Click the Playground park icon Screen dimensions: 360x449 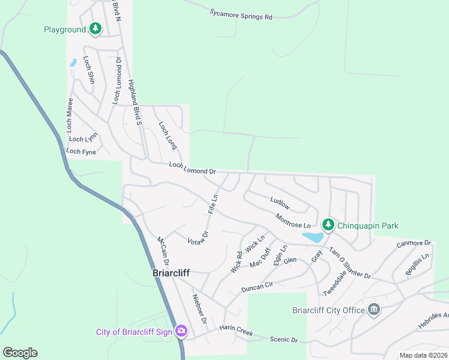click(x=95, y=28)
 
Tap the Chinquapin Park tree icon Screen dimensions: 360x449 click(x=328, y=225)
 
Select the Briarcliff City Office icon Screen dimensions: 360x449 click(x=374, y=310)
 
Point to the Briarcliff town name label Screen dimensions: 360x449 click(x=169, y=273)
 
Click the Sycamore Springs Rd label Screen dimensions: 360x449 click(x=241, y=14)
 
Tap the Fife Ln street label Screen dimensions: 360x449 click(x=212, y=204)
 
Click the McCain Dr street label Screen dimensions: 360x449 click(x=163, y=251)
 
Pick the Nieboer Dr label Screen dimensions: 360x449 click(x=199, y=309)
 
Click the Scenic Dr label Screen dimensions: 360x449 click(x=283, y=340)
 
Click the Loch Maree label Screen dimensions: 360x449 click(x=70, y=115)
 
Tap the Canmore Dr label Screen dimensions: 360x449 click(x=414, y=244)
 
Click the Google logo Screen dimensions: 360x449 click(x=20, y=353)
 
